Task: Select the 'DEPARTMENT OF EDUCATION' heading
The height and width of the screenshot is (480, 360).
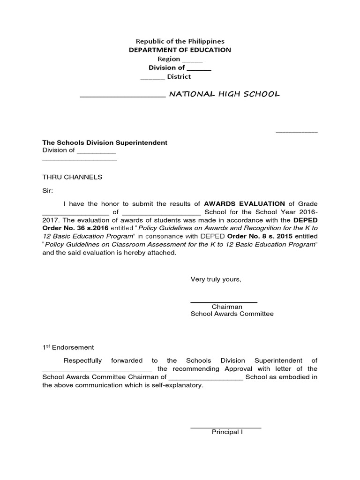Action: (180, 50)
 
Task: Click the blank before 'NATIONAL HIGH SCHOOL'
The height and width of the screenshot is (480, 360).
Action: (123, 96)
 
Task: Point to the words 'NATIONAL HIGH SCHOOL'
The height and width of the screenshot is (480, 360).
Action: (224, 94)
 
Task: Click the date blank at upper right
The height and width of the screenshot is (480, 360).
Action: (296, 133)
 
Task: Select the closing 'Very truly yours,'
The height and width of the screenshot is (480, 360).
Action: (216, 279)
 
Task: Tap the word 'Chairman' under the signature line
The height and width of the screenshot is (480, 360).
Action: (227, 307)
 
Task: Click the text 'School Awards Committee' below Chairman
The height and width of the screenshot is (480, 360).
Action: (232, 314)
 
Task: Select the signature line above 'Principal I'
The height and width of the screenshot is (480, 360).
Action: (225, 427)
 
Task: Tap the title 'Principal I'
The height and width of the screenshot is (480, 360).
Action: (227, 432)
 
